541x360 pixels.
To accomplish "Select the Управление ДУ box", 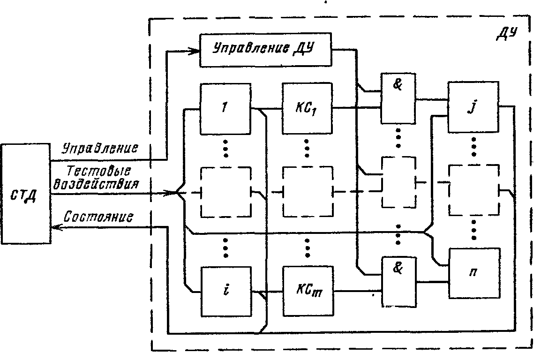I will click(265, 49).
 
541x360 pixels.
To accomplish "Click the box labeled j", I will click(473, 107).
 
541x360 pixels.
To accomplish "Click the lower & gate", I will click(398, 281).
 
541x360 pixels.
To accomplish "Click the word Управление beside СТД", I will click(100, 149).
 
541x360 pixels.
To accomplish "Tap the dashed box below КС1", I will click(307, 192).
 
